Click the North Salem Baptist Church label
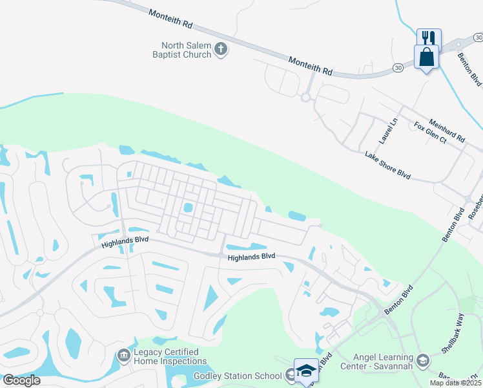pos(187,50)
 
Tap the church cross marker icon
pos(221,49)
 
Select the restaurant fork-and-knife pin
pos(428,38)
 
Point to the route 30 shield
pos(398,67)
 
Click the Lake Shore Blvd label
pos(387,164)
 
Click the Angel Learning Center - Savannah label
pos(384,362)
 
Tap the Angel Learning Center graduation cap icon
pos(423,361)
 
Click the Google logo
pos(21,380)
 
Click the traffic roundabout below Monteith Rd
pos(305,98)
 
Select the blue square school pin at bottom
pos(306,371)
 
